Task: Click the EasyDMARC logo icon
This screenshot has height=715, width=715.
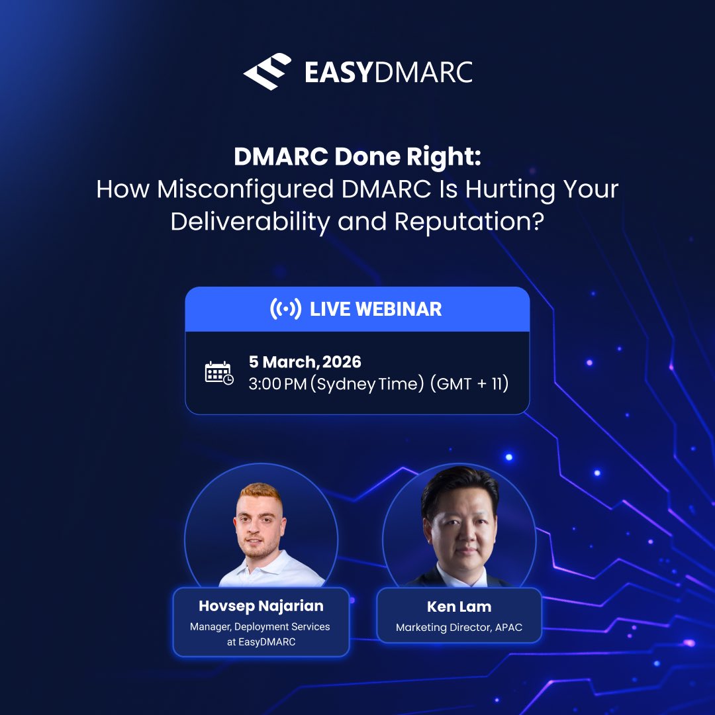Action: tap(267, 71)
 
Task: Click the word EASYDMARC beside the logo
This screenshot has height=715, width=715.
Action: tap(389, 72)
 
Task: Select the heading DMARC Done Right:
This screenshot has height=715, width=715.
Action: tap(357, 157)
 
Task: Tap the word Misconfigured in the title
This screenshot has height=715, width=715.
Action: tap(244, 189)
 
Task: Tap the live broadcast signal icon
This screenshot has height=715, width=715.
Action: tap(285, 309)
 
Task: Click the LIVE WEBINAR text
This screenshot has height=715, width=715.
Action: tap(375, 309)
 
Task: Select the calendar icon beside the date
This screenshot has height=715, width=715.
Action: tap(219, 373)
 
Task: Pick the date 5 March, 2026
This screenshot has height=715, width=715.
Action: tap(305, 362)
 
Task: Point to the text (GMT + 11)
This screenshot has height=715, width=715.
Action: tap(469, 384)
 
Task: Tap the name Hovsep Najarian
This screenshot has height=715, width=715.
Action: tap(260, 606)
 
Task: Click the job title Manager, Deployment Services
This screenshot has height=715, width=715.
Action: tap(260, 626)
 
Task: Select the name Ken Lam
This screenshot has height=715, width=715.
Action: tap(459, 606)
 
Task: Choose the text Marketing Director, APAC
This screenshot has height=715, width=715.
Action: tap(459, 627)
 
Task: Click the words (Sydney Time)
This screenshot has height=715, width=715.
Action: tap(367, 384)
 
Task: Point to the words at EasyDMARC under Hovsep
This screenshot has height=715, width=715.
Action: tap(260, 642)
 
